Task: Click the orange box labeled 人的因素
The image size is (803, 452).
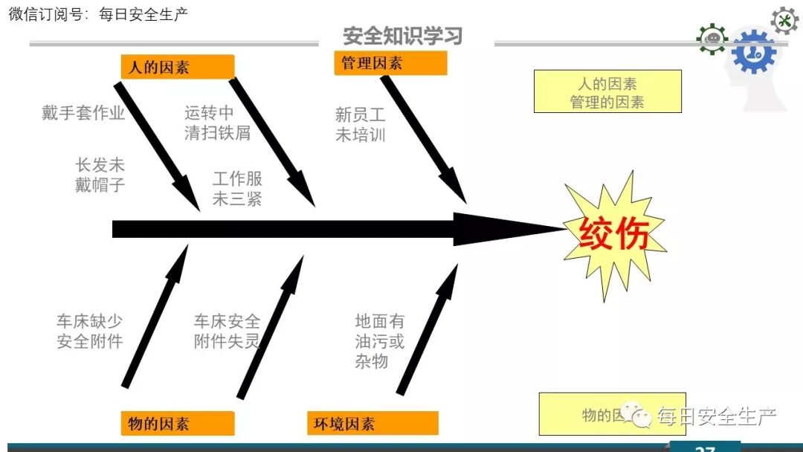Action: [x=178, y=67]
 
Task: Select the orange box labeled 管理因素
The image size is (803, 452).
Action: [x=390, y=64]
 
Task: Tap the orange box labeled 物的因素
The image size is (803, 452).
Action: [x=178, y=423]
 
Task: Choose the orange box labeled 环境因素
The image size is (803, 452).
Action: [x=373, y=423]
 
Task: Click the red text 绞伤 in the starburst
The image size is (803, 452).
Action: [x=614, y=233]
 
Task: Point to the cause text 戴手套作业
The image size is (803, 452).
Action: [x=83, y=113]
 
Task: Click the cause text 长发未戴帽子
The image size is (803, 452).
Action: [x=100, y=175]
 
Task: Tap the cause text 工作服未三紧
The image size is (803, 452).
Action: [x=237, y=188]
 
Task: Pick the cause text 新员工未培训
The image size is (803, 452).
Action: [x=361, y=124]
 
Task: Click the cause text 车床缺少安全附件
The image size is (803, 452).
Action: [x=89, y=332]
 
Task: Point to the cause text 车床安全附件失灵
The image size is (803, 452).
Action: [x=227, y=332]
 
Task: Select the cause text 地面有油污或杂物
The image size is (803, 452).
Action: [x=379, y=341]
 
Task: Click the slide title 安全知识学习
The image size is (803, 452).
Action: [x=402, y=35]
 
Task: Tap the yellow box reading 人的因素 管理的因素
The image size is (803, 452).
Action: [x=607, y=91]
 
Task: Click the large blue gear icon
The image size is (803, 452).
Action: [x=753, y=51]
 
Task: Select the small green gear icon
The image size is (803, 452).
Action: [x=712, y=39]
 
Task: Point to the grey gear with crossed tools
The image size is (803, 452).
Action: [x=784, y=20]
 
